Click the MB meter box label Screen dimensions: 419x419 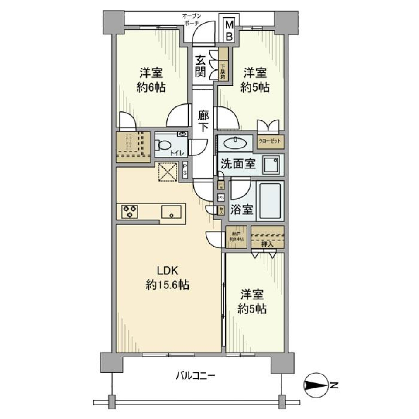coord(229,31)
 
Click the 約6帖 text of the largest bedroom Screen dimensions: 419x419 coord(152,87)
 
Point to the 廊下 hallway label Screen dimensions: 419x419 coord(203,121)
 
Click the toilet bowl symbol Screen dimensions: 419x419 coord(164,144)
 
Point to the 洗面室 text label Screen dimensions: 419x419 coord(238,165)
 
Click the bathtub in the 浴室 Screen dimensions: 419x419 coord(271,201)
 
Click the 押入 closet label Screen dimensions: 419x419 coord(267,244)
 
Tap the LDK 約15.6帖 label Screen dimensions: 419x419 coord(167,278)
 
